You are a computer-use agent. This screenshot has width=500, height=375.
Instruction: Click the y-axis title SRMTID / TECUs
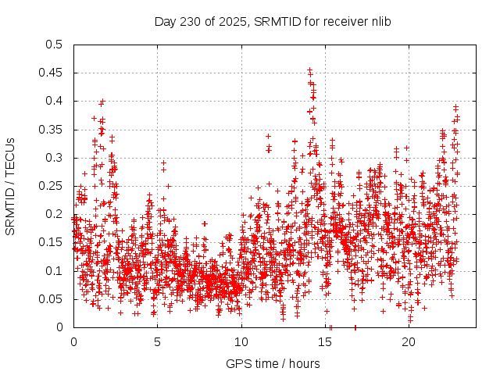tap(10, 186)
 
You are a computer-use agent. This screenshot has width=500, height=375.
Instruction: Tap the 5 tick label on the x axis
tap(157, 341)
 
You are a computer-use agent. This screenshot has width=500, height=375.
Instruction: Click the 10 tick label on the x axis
tap(241, 341)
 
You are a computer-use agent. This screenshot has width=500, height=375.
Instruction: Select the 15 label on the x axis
tap(325, 341)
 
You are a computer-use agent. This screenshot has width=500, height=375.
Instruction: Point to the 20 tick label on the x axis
tap(409, 341)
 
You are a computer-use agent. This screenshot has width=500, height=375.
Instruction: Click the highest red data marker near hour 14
tap(309, 70)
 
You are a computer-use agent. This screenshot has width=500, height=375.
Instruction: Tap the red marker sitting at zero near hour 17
tap(355, 327)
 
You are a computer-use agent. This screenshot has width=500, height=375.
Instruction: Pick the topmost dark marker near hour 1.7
tap(102, 102)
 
